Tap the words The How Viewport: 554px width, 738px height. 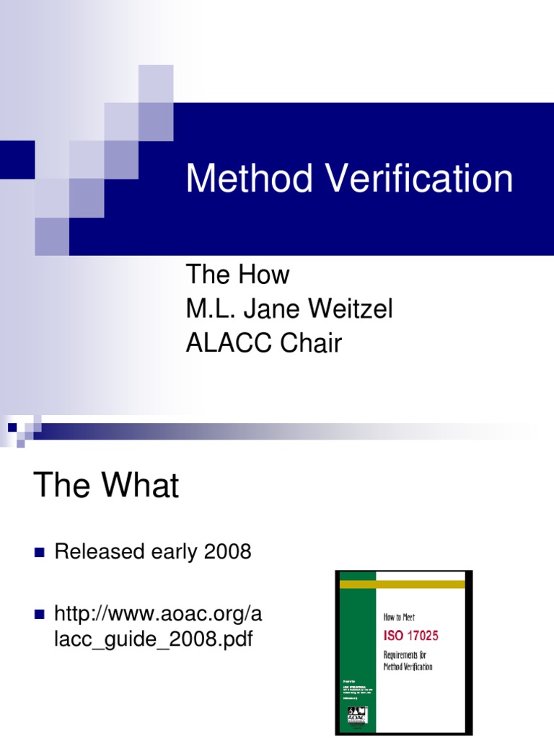coord(237,275)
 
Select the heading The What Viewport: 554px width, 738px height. coord(106,486)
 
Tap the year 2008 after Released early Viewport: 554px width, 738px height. coord(227,552)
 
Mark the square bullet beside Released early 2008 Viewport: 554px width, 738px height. coord(40,553)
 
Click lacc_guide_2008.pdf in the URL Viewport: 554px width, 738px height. coord(154,639)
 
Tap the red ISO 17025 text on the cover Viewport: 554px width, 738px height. coord(411,636)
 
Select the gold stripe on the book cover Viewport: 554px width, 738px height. coord(403,584)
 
